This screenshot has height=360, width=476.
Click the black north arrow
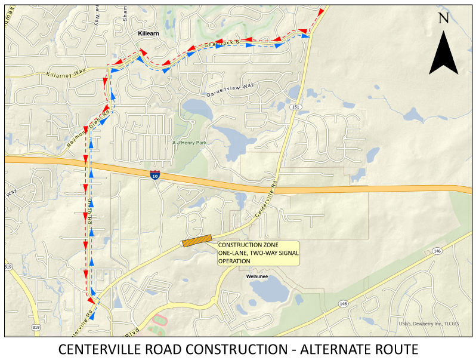click(443, 54)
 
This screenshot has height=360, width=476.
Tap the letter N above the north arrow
click(443, 19)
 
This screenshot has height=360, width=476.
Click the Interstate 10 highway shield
click(155, 175)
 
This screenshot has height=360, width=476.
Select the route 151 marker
click(295, 106)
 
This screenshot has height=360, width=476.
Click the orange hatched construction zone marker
click(197, 240)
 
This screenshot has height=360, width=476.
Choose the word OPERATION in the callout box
click(233, 261)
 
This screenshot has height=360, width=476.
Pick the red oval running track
click(159, 320)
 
